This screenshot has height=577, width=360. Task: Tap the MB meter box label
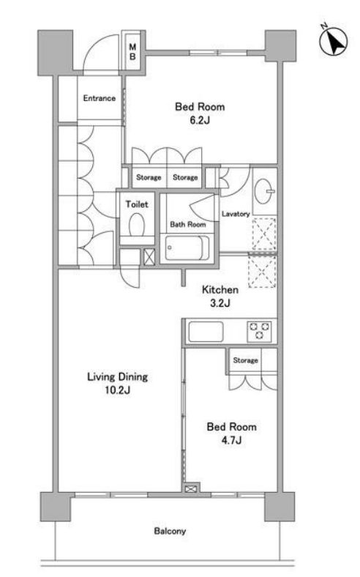(133, 51)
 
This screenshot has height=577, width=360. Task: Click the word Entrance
(98, 98)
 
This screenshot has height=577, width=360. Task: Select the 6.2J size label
(199, 121)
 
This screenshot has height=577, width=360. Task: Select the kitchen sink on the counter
(209, 332)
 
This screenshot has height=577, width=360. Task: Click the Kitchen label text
(220, 290)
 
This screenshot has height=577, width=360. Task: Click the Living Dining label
(118, 378)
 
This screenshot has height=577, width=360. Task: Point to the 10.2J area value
(118, 391)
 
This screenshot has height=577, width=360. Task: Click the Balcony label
(170, 531)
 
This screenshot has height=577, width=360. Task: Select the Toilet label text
(137, 205)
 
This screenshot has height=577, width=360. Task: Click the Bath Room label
(188, 225)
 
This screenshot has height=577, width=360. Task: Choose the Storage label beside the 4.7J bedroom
(245, 360)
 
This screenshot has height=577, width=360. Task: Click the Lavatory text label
(236, 214)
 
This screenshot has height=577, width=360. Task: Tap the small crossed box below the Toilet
(149, 257)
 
